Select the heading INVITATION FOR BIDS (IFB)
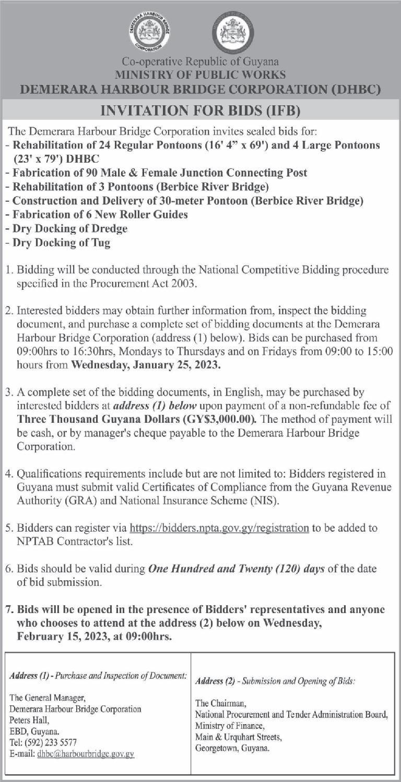pos(200,112)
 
